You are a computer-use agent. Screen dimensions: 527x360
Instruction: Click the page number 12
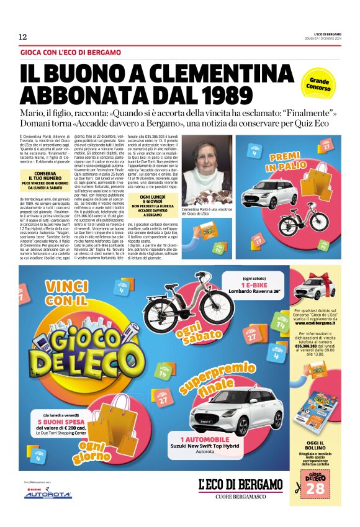pos(22,37)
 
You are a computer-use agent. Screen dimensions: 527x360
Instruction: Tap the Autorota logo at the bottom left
pos(48,495)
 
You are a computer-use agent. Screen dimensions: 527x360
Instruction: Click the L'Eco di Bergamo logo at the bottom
pos(240,484)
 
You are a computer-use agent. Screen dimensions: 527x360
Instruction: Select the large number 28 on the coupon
pos(315,488)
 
